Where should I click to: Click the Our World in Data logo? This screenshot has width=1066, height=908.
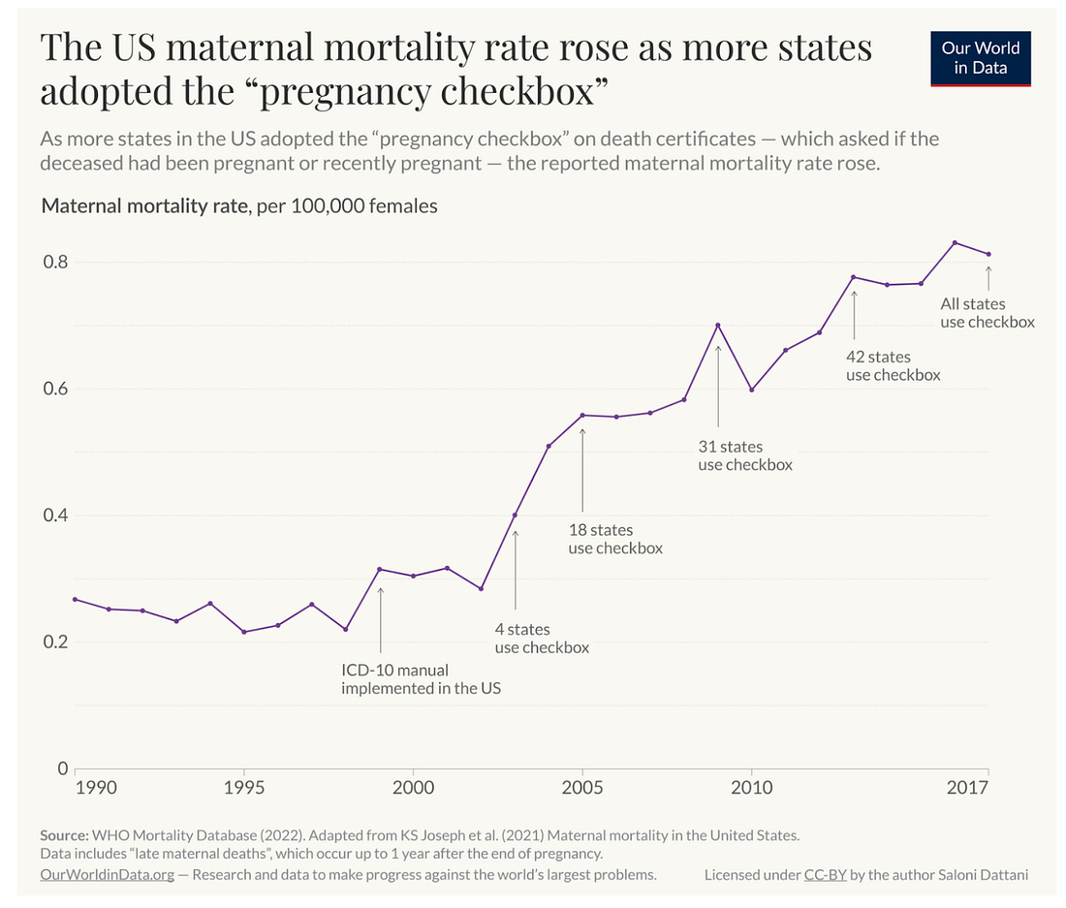(x=980, y=57)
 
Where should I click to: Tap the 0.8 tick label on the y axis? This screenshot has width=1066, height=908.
(x=55, y=262)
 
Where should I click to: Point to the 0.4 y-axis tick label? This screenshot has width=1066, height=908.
(x=55, y=515)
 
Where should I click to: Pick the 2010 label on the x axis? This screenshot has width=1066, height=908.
(x=752, y=787)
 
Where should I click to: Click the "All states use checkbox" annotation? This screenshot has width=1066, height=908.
(x=988, y=313)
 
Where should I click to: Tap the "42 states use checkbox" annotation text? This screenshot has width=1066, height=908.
(x=893, y=366)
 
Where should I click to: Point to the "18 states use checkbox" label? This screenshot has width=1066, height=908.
(x=614, y=539)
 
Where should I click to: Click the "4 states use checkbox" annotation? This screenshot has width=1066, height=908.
(x=542, y=639)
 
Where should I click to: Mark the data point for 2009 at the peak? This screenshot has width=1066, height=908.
(x=718, y=325)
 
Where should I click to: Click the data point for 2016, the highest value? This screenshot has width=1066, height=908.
(x=955, y=242)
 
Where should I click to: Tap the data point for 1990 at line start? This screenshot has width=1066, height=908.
(x=75, y=599)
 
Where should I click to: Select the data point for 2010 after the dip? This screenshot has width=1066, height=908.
(x=752, y=390)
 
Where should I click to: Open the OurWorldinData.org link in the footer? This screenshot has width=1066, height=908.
(x=108, y=874)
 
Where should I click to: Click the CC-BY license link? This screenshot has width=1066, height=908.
(x=825, y=874)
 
